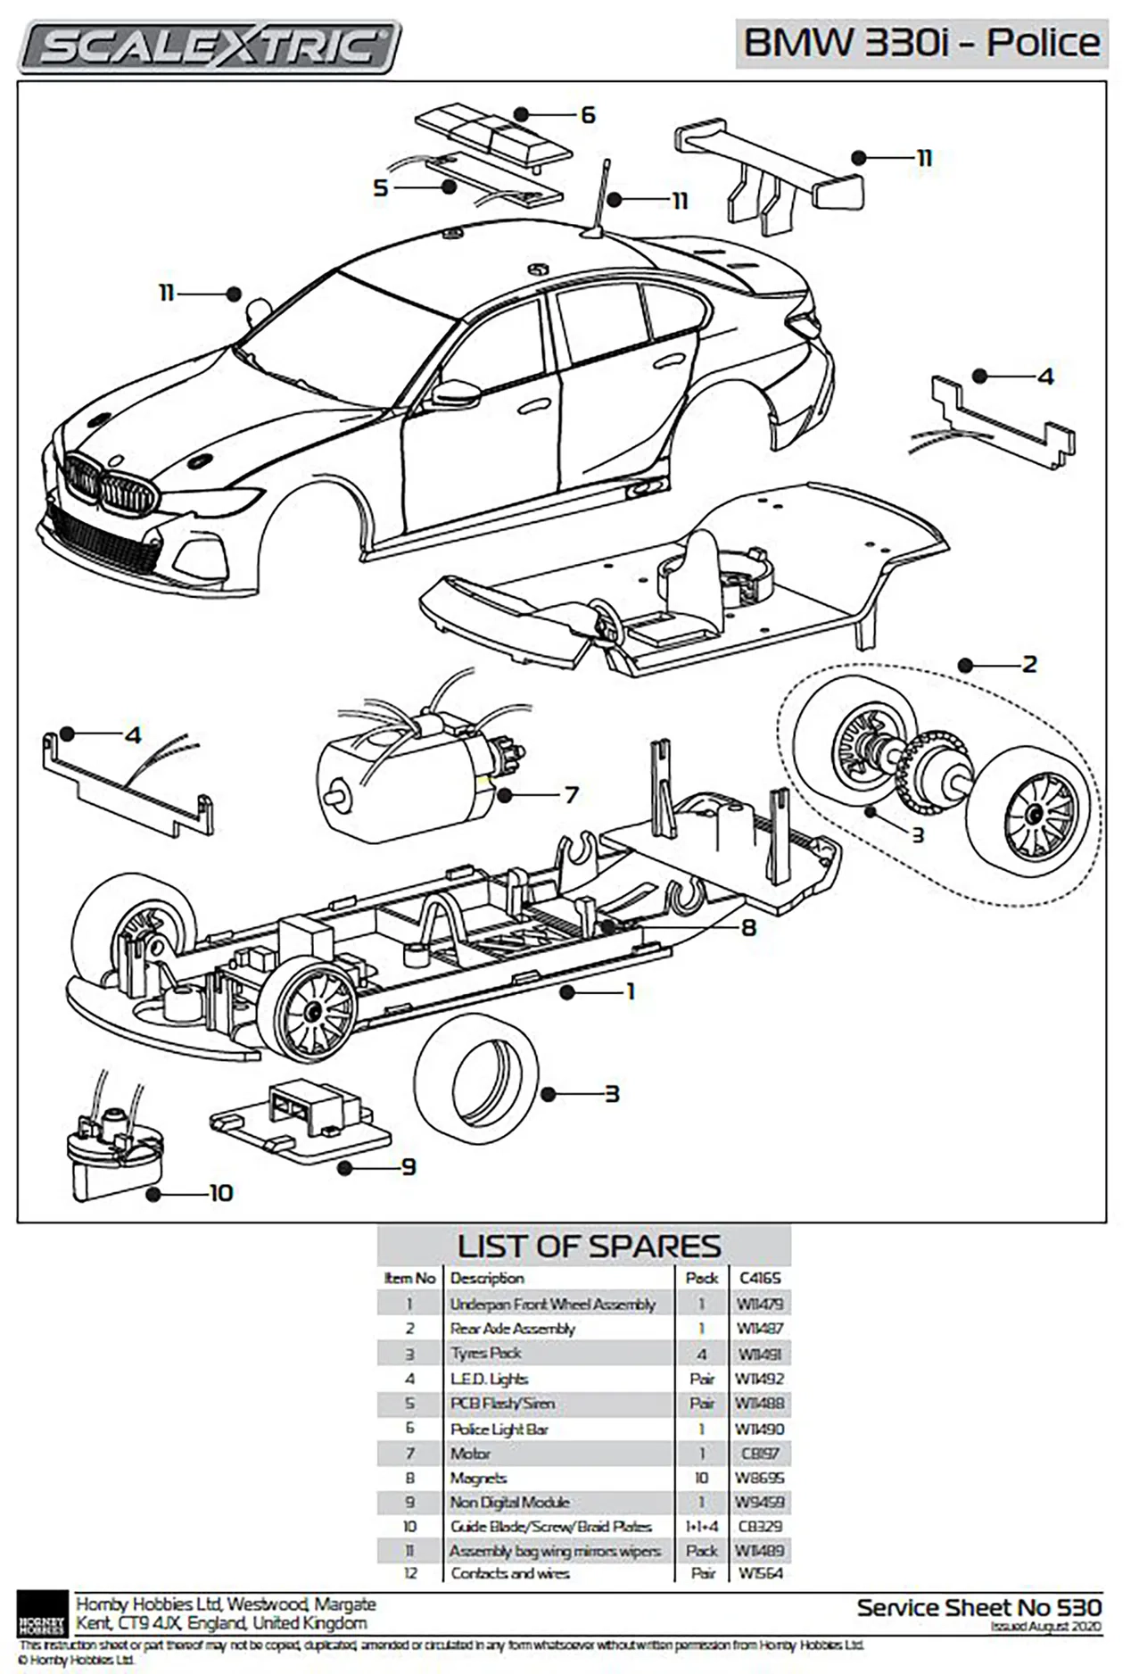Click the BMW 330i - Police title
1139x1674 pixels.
point(921,43)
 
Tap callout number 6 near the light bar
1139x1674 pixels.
point(587,115)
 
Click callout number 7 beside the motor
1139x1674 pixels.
point(572,794)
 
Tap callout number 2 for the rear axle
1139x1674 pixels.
point(1029,665)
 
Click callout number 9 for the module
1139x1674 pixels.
point(409,1167)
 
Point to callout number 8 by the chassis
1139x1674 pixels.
point(748,928)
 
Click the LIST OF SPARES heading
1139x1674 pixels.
point(588,1246)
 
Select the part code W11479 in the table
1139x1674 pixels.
point(759,1304)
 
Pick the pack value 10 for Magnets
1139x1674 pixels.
point(701,1478)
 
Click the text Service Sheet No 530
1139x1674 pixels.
point(978,1607)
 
